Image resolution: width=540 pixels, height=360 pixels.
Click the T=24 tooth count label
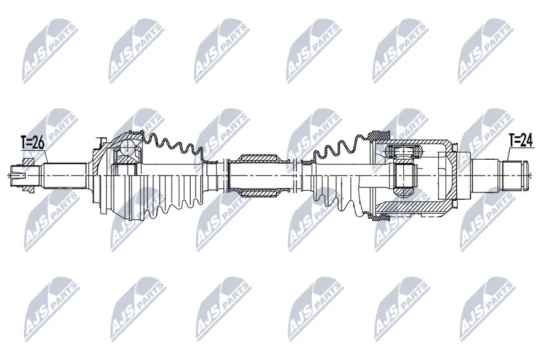(x=520, y=141)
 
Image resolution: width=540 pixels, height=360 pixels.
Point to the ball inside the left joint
(x=128, y=148)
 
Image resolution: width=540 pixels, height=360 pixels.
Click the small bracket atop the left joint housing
(x=100, y=140)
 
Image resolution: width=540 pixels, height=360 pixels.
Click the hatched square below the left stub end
(x=25, y=188)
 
